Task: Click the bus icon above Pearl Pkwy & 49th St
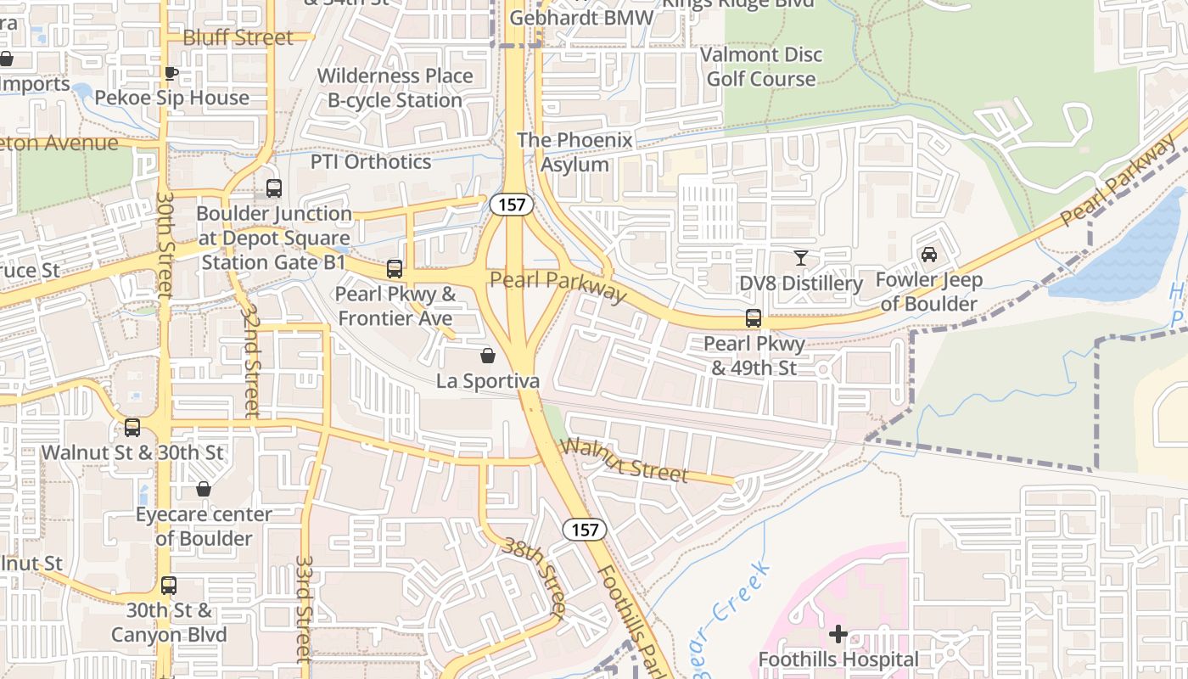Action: click(753, 318)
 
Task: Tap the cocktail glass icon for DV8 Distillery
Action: click(800, 257)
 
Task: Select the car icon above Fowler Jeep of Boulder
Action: click(929, 254)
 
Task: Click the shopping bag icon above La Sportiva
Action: click(488, 356)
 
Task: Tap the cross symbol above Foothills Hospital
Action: click(838, 634)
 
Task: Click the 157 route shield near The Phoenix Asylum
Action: click(512, 204)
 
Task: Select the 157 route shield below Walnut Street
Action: click(585, 530)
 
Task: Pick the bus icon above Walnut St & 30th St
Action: click(132, 427)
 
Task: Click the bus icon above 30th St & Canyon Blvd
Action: click(169, 585)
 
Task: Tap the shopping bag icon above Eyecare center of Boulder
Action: click(204, 489)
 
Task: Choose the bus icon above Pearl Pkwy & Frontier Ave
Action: click(395, 269)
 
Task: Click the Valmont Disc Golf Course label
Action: click(761, 66)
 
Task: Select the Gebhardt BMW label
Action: click(582, 18)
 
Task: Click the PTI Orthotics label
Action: click(371, 161)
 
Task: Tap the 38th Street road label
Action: click(534, 576)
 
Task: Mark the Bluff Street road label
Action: click(238, 37)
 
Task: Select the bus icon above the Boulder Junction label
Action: click(273, 188)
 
